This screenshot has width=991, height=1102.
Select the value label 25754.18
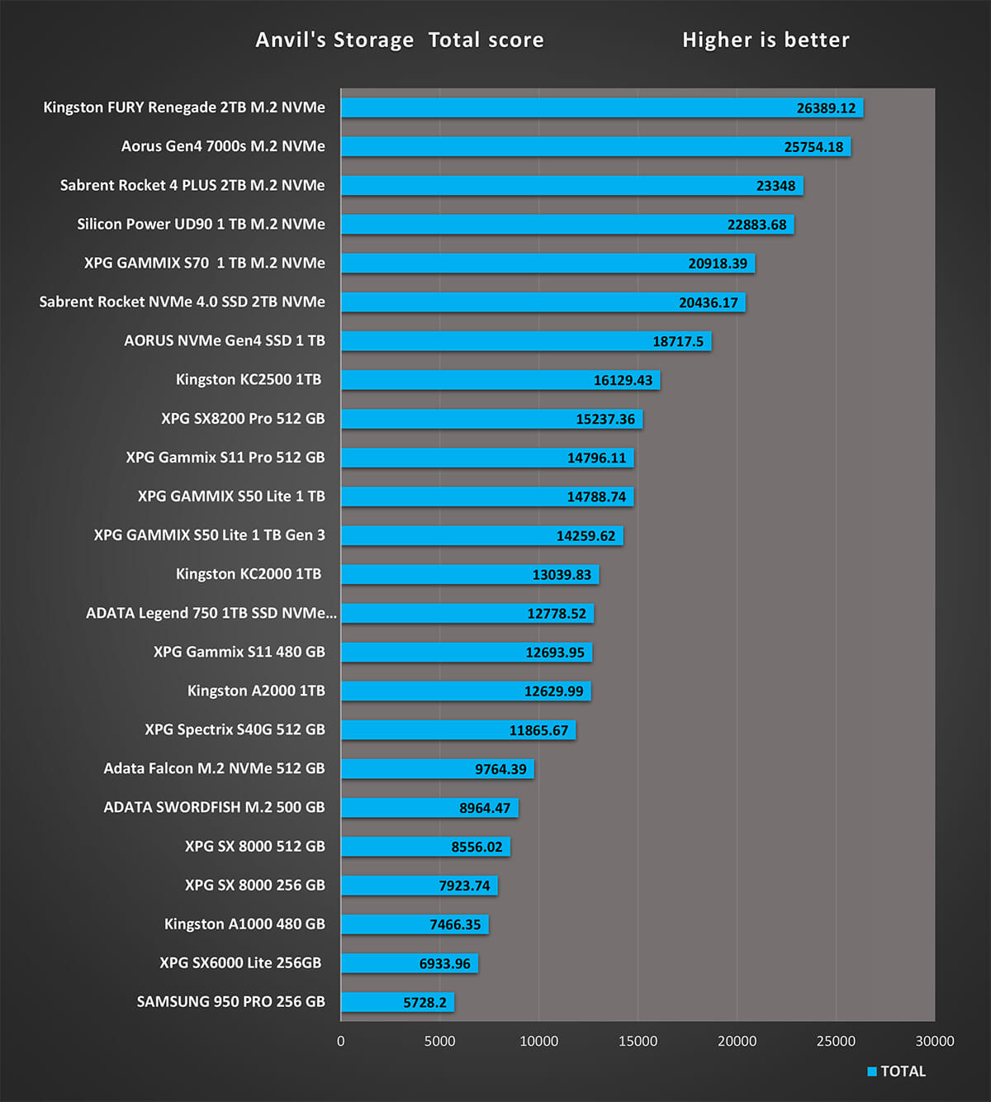coord(813,147)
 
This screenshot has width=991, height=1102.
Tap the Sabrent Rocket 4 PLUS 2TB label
coord(192,185)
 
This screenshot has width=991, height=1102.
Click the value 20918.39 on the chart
coord(717,264)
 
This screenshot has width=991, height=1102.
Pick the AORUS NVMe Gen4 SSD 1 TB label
coord(225,340)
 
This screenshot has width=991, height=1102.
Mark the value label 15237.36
coord(605,419)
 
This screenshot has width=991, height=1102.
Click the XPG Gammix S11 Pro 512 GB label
coord(225,457)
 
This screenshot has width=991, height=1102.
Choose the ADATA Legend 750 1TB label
coord(211,613)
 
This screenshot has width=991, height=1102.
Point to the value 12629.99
coord(553,691)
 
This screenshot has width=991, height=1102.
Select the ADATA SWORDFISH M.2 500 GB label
coord(214,807)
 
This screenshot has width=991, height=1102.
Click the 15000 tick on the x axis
coord(638,1041)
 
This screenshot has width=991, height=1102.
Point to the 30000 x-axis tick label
coord(934,1041)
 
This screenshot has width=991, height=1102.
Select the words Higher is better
coord(766,40)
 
